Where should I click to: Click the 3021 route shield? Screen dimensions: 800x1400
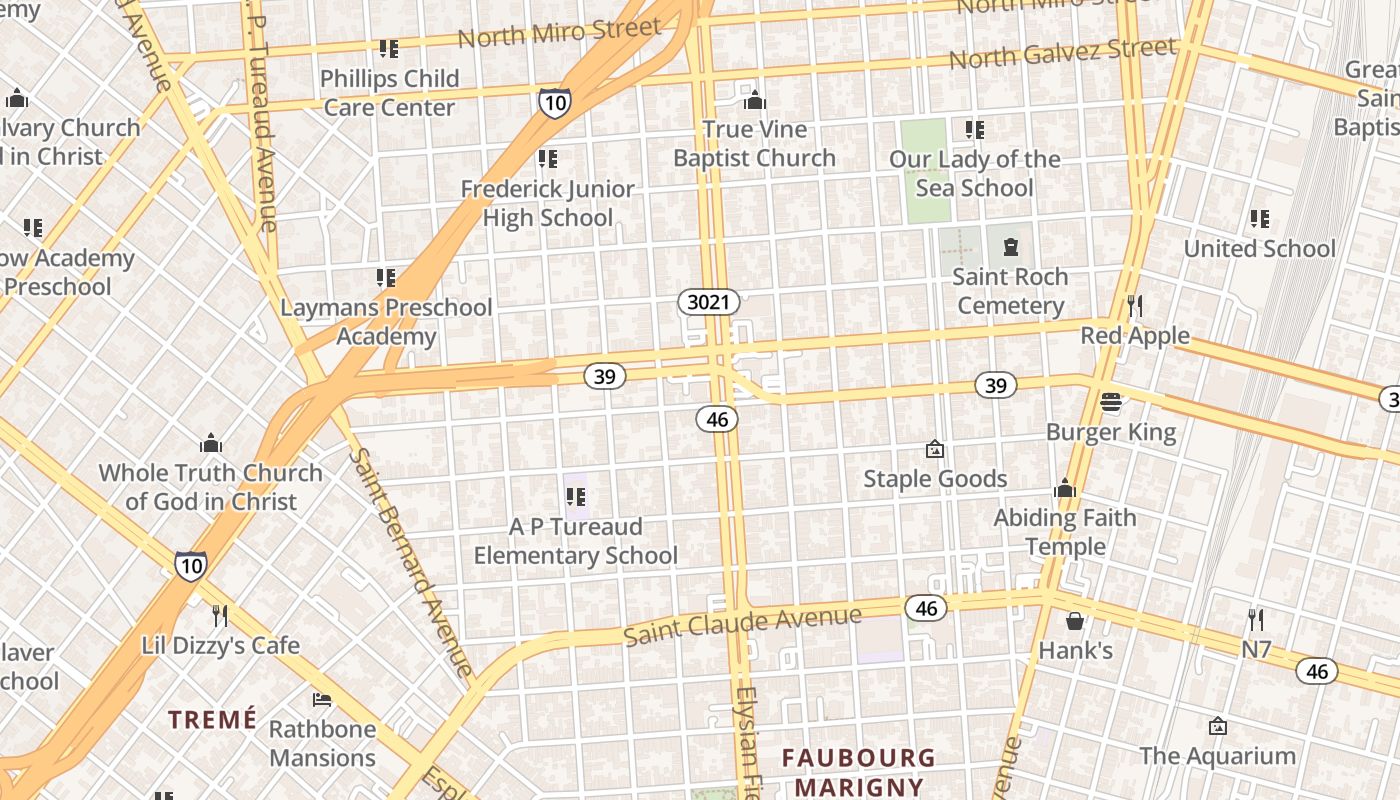709,301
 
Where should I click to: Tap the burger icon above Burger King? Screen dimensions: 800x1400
1111,402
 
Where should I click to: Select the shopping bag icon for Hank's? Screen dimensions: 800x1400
1075,621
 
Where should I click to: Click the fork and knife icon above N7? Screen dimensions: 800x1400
1256,619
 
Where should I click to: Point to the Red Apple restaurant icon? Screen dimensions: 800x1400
1134,305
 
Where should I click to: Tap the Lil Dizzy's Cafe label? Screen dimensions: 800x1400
220,645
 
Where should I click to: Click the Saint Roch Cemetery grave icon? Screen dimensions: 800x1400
1009,246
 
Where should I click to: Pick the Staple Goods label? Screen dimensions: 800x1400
935,479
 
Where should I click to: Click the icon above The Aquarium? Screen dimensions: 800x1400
1217,725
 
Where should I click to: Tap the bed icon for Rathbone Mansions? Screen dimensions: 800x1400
322,698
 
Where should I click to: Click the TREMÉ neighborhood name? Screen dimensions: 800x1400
212,719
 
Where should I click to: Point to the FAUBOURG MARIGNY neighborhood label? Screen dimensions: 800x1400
859,772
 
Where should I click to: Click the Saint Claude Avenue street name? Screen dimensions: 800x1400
742,624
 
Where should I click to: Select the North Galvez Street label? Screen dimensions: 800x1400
1062,53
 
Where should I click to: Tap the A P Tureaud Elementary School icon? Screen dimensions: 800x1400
576,496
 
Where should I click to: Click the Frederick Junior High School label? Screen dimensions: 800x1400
547,203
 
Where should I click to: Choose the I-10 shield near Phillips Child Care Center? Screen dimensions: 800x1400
554,102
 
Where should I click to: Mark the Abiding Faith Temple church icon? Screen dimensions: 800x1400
1064,488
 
